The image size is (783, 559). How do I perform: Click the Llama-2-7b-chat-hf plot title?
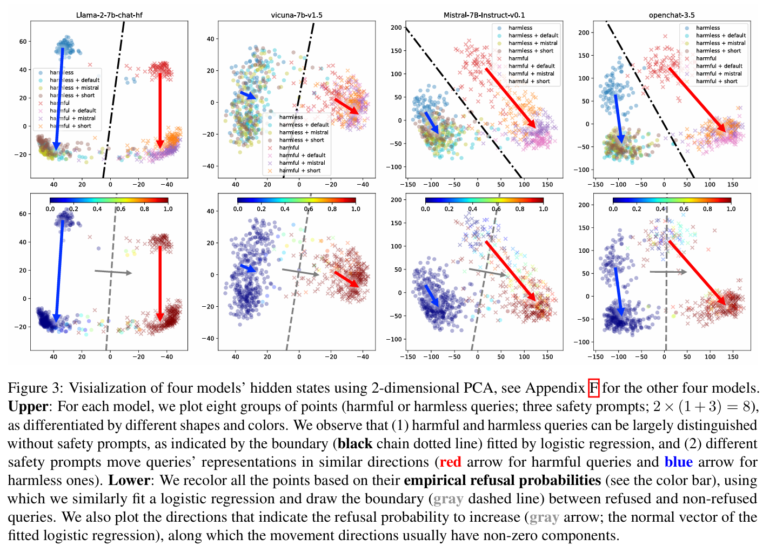[x=109, y=15]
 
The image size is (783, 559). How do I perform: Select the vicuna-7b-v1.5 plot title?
[x=297, y=15]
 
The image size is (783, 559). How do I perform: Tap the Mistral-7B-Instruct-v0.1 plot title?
[x=484, y=15]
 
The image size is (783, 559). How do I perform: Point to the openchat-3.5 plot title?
[x=672, y=15]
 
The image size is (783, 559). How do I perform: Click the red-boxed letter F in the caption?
[x=593, y=388]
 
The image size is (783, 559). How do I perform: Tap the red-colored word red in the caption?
[x=450, y=462]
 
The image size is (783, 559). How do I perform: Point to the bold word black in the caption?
[x=355, y=443]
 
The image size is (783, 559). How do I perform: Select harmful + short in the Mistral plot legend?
[x=529, y=81]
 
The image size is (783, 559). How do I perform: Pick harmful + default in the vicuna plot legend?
[x=302, y=155]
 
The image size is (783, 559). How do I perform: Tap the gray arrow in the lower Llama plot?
[x=113, y=272]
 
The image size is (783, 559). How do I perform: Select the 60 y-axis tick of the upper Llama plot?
[x=23, y=42]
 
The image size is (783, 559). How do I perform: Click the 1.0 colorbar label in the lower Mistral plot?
[x=544, y=209]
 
